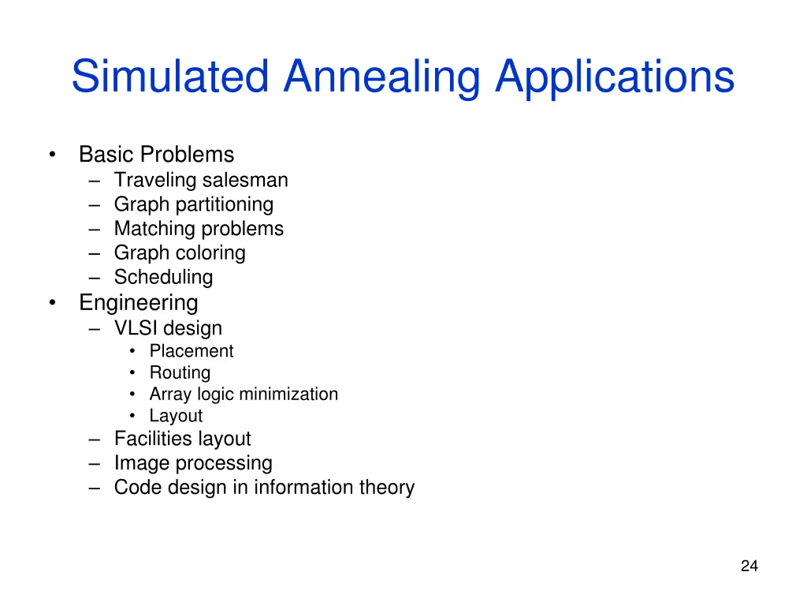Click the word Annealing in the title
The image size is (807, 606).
[381, 77]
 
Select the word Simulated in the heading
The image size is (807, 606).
[171, 77]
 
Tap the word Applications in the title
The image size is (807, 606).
[615, 77]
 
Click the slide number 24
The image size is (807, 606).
[749, 566]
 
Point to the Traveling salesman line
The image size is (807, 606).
[201, 180]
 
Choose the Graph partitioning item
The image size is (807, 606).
[194, 204]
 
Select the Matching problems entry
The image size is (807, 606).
[199, 229]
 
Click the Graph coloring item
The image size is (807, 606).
[180, 253]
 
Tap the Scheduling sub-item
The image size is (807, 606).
[163, 278]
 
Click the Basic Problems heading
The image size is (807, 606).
[156, 154]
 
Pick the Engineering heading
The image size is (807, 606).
[138, 302]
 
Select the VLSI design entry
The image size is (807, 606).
[168, 328]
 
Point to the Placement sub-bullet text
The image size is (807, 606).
[192, 351]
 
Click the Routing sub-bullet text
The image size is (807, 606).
[180, 372]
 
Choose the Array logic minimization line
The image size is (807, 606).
[244, 394]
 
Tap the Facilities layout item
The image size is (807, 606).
[182, 439]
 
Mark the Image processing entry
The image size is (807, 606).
[193, 463]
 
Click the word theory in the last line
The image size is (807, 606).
[386, 488]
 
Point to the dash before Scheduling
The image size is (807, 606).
[95, 278]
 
